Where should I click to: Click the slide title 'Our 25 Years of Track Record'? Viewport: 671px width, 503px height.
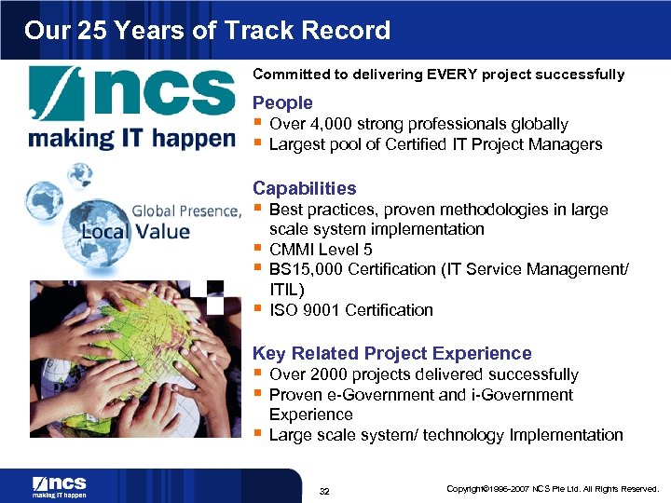click(207, 30)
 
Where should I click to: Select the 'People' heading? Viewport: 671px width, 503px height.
click(282, 102)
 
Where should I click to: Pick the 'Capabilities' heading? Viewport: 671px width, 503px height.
click(304, 188)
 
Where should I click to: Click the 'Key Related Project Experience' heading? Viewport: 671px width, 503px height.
click(392, 353)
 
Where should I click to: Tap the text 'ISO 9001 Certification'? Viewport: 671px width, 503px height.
click(350, 310)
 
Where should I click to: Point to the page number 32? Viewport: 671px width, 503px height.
click(325, 491)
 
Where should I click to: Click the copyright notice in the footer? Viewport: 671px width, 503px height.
click(553, 489)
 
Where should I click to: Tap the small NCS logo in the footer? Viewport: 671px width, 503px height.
click(60, 486)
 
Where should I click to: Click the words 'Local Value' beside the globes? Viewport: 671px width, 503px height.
click(135, 231)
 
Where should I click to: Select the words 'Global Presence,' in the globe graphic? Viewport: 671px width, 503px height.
click(186, 211)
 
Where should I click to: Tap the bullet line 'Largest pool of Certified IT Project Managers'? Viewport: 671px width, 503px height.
click(434, 144)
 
